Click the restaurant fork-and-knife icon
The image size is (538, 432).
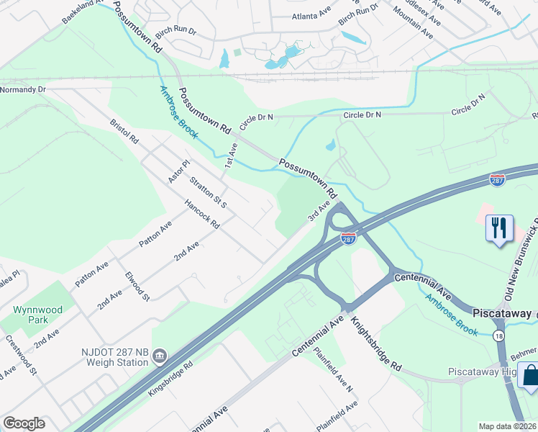coord(498,228)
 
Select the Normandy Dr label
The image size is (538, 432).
coord(23,89)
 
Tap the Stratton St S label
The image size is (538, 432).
coord(208,189)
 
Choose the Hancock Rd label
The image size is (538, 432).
coord(201,214)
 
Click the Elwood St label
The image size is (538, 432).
coord(137,286)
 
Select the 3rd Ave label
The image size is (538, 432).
coord(319,211)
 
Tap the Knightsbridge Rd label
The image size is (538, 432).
coord(376,345)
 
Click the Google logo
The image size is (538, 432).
coord(24,423)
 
